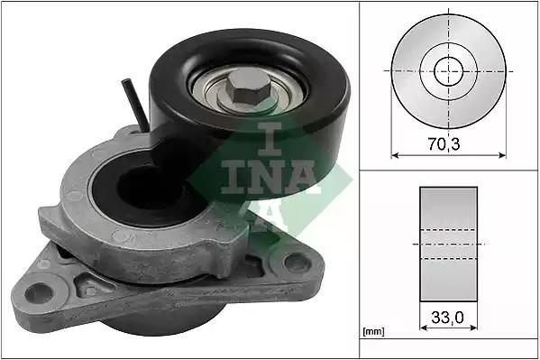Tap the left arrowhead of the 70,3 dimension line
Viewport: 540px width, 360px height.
pyautogui.click(x=395, y=155)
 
